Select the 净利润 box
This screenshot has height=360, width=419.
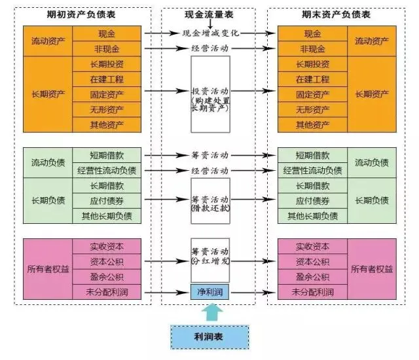210,293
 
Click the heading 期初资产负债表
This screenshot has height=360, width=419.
88,14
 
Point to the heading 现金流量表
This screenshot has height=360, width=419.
209,14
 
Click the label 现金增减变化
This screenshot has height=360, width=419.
210,33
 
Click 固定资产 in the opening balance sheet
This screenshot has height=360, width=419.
107,94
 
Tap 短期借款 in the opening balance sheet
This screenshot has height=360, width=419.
107,155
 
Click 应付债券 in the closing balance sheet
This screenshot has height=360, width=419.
312,201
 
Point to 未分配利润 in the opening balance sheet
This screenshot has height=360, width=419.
107,292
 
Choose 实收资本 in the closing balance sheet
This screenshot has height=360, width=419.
312,247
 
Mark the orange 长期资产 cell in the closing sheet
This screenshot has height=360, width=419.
372,94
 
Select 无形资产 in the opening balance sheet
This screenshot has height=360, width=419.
107,109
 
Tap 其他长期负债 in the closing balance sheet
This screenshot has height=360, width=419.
312,216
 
